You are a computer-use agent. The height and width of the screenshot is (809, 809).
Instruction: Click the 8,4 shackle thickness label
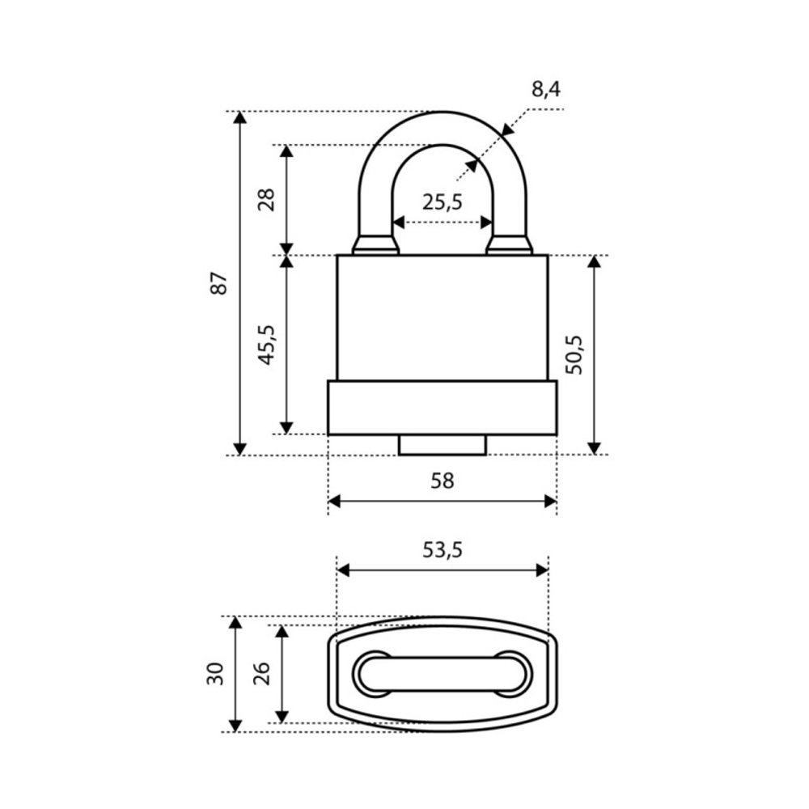pyautogui.click(x=545, y=91)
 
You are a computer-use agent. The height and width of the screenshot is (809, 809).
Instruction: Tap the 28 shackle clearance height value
pyautogui.click(x=267, y=200)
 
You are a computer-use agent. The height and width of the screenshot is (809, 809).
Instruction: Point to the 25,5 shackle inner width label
pyautogui.click(x=443, y=201)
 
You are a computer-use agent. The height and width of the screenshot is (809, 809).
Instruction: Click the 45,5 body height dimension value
pyautogui.click(x=267, y=345)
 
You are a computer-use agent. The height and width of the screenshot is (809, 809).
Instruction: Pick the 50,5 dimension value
pyautogui.click(x=574, y=355)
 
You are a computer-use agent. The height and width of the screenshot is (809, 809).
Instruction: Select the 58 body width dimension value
pyautogui.click(x=443, y=481)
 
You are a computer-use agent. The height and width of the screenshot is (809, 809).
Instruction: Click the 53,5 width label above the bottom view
pyautogui.click(x=443, y=550)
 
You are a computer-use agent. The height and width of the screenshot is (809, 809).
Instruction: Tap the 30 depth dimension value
pyautogui.click(x=215, y=674)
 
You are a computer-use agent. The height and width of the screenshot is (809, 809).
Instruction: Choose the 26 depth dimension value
pyautogui.click(x=261, y=674)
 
